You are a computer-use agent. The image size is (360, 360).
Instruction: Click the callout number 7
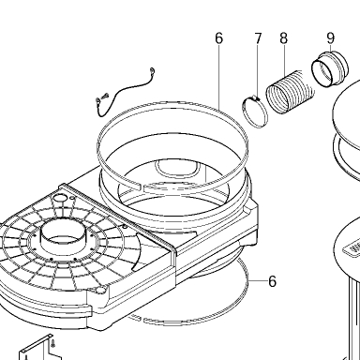point(258,38)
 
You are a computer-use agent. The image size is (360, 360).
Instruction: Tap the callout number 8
point(283,38)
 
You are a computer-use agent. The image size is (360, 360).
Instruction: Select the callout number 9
point(331,38)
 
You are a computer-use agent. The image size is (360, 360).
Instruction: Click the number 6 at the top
point(219,38)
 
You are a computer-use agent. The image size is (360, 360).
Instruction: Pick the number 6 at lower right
point(273,281)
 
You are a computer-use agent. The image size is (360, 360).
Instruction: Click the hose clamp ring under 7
point(255,112)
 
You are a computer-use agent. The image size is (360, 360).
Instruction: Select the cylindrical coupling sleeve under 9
point(330,68)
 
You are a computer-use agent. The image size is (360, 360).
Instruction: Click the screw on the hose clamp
point(257,98)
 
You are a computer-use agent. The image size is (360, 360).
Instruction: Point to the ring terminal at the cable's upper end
point(152,71)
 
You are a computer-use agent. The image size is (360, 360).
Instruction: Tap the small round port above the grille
point(61,198)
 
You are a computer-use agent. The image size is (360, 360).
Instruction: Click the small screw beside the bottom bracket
point(53,343)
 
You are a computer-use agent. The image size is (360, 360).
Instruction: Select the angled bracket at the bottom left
point(40,349)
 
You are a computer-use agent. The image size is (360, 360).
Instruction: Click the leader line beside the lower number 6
point(258,281)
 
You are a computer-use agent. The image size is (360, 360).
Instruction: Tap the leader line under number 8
point(284,61)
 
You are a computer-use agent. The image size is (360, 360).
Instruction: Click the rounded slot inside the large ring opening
point(177,168)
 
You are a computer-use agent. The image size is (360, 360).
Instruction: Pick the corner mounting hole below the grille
point(100,291)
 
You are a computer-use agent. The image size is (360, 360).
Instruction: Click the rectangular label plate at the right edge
point(352,249)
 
